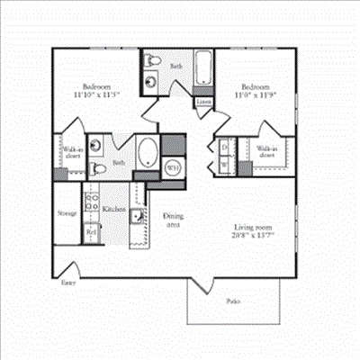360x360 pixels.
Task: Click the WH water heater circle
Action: (x=174, y=166)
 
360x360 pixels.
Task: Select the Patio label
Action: (x=233, y=300)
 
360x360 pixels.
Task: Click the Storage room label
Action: (x=67, y=213)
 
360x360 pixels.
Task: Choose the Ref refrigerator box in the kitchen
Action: (x=92, y=231)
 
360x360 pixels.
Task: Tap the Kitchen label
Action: (x=113, y=209)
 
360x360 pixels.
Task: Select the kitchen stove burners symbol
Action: (x=91, y=201)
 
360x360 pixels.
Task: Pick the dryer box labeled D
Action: (x=223, y=147)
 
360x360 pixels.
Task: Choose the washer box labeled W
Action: (x=223, y=165)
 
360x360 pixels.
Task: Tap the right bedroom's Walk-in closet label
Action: (x=266, y=152)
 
